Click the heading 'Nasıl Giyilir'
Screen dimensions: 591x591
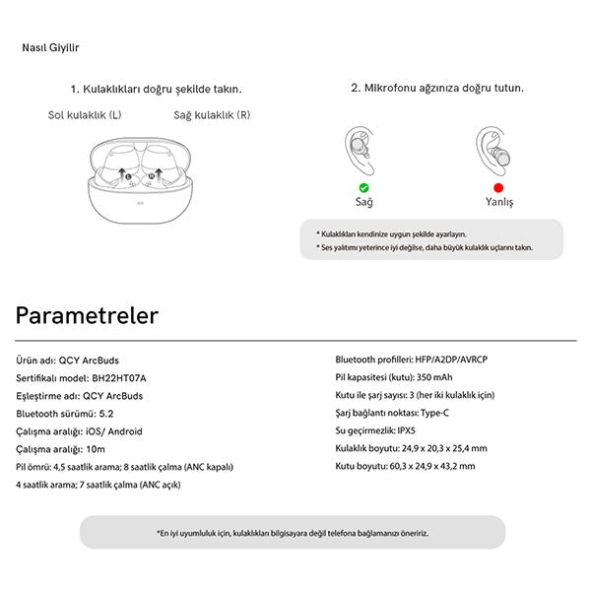click(50, 47)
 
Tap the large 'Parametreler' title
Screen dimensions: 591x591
click(87, 316)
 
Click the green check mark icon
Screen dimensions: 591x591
click(364, 187)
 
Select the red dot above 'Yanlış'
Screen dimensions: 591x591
click(498, 187)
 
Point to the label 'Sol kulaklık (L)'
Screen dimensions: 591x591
click(85, 115)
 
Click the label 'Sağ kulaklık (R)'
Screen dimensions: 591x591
click(212, 115)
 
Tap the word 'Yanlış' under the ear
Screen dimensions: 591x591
click(499, 202)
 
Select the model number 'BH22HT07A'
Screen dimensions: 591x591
click(119, 377)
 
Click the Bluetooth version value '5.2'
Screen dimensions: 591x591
click(107, 414)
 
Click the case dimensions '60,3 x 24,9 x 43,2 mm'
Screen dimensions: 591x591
click(432, 467)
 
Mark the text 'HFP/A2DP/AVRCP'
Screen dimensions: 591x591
click(453, 360)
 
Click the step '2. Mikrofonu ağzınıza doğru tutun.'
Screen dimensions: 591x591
click(437, 88)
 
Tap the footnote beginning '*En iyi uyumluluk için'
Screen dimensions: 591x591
click(292, 533)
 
